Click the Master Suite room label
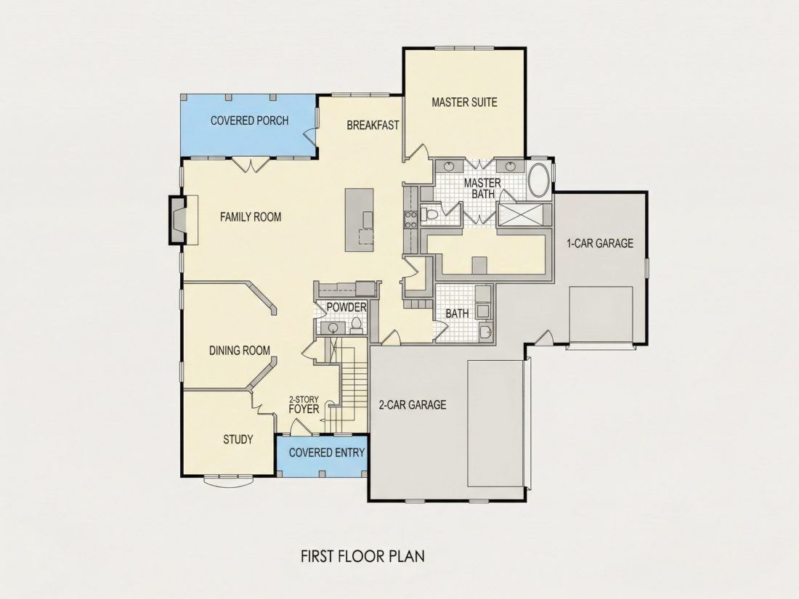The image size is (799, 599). [x=464, y=102]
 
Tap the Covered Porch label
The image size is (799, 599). [x=250, y=121]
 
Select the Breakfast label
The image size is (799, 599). [x=373, y=126]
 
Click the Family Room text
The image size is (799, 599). [x=251, y=217]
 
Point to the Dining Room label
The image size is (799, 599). [x=240, y=351]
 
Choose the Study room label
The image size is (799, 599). [x=238, y=439]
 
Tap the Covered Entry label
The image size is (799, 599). [x=327, y=452]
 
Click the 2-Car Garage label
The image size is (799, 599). [x=413, y=405]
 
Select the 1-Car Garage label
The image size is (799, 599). [x=600, y=243]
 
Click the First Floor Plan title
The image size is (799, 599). [x=362, y=555]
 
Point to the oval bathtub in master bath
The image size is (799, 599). [x=539, y=179]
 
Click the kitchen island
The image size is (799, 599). [x=360, y=220]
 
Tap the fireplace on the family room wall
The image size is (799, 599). [x=179, y=220]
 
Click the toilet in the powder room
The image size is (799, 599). [x=356, y=325]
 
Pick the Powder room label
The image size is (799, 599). [x=346, y=307]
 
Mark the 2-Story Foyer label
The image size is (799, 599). [x=304, y=405]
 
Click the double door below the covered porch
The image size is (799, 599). [x=251, y=166]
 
